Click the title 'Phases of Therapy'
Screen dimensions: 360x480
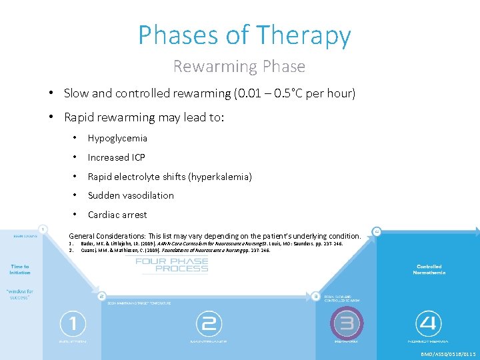point(244,35)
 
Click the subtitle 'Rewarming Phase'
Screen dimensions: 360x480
point(239,67)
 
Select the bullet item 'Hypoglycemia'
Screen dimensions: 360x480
point(117,138)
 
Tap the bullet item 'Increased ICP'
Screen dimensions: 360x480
point(116,157)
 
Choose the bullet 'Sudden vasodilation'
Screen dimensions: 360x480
point(131,195)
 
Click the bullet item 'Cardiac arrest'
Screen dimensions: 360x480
point(117,215)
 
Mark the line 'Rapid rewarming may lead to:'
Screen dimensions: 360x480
point(144,117)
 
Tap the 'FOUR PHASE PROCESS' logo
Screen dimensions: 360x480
point(171,265)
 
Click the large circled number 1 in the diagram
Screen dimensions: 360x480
point(73,325)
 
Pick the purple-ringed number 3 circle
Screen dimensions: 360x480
point(346,325)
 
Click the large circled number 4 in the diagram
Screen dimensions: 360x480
point(428,325)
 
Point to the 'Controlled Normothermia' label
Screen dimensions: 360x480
point(429,269)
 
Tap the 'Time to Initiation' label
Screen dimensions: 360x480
point(19,269)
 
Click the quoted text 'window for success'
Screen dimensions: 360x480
point(19,294)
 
